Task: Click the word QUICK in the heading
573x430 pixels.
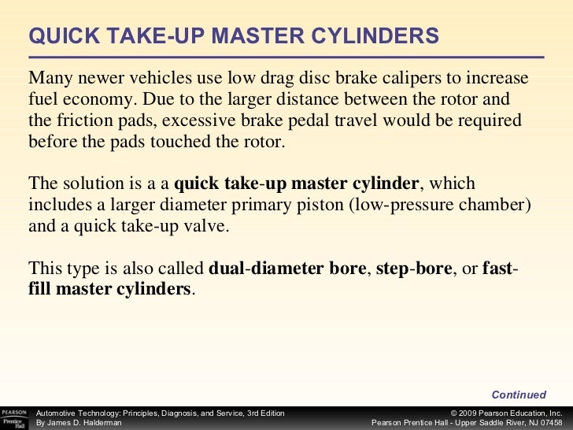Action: pyautogui.click(x=65, y=36)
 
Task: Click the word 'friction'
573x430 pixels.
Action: pyautogui.click(x=84, y=120)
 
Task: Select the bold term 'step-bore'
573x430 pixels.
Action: pyautogui.click(x=414, y=269)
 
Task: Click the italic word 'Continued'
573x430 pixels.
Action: pyautogui.click(x=519, y=395)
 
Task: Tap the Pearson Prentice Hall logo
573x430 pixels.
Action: pyautogui.click(x=14, y=418)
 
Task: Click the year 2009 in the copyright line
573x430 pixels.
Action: pyautogui.click(x=468, y=413)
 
